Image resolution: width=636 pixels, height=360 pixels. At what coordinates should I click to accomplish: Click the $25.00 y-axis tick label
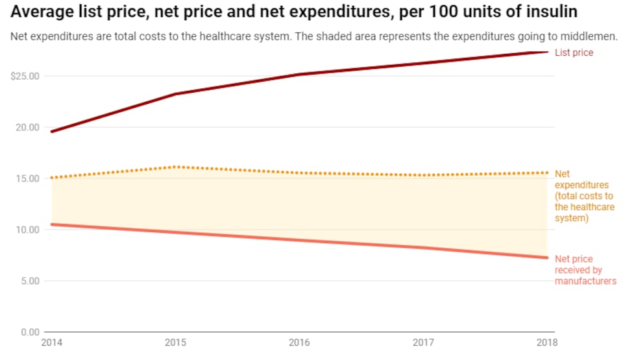[x=25, y=76]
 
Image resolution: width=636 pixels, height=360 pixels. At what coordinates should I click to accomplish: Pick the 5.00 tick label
[x=29, y=281]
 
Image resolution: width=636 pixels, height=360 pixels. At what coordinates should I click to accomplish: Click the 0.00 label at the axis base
[x=29, y=332]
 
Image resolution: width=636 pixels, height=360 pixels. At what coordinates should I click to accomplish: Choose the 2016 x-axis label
[x=299, y=342]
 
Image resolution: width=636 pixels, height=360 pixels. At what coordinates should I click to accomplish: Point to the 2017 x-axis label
[x=422, y=342]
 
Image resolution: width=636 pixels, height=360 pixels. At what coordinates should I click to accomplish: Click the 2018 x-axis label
[x=547, y=342]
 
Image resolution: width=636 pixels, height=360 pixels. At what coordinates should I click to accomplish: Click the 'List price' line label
[x=574, y=53]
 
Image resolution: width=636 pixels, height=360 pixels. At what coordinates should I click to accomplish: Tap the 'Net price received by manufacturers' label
[x=585, y=270]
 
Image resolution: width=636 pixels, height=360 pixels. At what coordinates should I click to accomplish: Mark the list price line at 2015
[x=175, y=94]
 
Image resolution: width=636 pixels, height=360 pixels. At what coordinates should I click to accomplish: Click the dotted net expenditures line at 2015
[x=175, y=167]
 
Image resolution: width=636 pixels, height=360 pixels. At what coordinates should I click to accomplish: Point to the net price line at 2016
[x=299, y=241]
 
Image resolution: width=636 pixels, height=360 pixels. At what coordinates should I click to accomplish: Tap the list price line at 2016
[x=299, y=75]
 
